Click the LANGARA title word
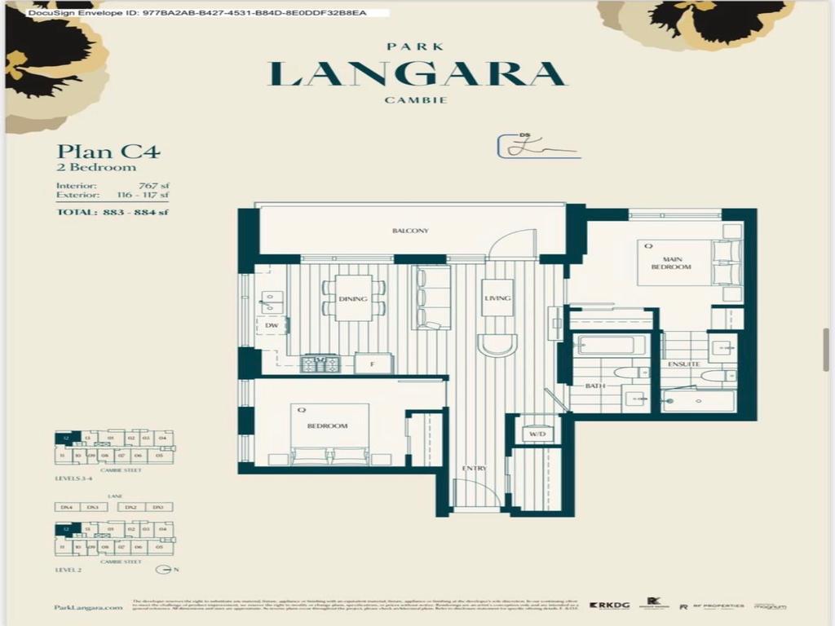point(417,73)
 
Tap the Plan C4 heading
point(108,151)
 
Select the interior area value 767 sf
point(153,185)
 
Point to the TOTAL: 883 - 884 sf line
point(113,213)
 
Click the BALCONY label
point(410,231)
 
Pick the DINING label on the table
point(353,299)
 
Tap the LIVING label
point(497,298)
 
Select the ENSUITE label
point(683,364)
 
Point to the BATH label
point(594,386)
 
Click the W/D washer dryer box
point(537,434)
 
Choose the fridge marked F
point(373,364)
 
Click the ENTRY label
point(474,469)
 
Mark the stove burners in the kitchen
point(320,364)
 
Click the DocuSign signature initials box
point(537,147)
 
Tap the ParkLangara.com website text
point(82,607)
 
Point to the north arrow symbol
point(164,568)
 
